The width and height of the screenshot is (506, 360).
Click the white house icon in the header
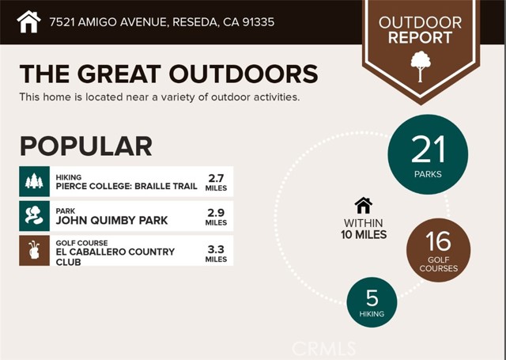tap(28, 21)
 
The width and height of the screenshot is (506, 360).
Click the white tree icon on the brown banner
tap(421, 66)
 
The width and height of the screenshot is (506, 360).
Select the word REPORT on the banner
tap(420, 38)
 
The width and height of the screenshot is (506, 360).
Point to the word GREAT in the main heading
tap(119, 74)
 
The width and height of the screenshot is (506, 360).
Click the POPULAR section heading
tap(86, 146)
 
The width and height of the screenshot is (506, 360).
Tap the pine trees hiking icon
tap(34, 181)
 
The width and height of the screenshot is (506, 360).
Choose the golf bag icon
tap(34, 250)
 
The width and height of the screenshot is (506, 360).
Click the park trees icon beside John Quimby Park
tap(34, 215)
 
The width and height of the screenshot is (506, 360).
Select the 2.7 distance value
tap(216, 178)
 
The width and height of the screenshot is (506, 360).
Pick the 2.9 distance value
tap(216, 213)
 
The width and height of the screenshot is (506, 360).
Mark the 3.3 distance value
tap(216, 249)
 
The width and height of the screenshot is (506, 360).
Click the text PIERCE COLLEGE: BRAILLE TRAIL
tap(126, 186)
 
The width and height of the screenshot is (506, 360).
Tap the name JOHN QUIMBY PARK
tap(111, 221)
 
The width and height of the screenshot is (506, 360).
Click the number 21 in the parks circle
tap(428, 150)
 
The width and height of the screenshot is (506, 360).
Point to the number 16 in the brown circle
tap(438, 241)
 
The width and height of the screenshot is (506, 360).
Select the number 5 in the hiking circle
tap(372, 297)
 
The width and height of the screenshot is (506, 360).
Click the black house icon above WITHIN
tap(364, 206)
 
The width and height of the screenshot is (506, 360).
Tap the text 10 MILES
tap(364, 235)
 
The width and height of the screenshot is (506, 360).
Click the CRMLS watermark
tap(323, 349)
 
